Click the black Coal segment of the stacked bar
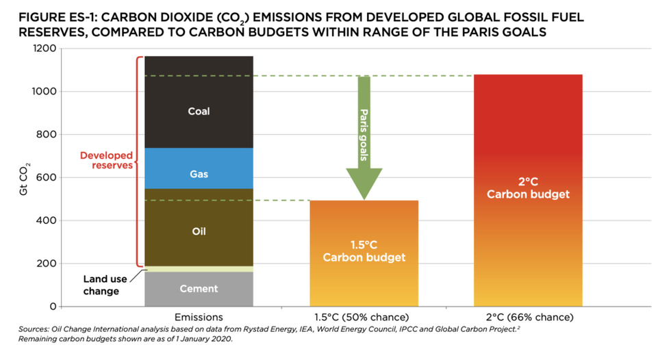pyautogui.click(x=199, y=103)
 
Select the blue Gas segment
pyautogui.click(x=199, y=168)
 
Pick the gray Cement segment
pyautogui.click(x=199, y=289)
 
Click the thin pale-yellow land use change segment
pyautogui.click(x=199, y=269)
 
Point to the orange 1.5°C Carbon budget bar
pyautogui.click(x=364, y=274)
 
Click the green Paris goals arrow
pyautogui.click(x=364, y=137)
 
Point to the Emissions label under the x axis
pyautogui.click(x=199, y=318)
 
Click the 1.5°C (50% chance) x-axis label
pyautogui.click(x=364, y=318)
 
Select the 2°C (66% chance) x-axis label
pyautogui.click(x=528, y=318)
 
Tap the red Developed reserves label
pyautogui.click(x=106, y=160)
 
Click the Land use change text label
pyautogui.click(x=101, y=285)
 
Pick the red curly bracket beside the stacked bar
pyautogui.click(x=139, y=161)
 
